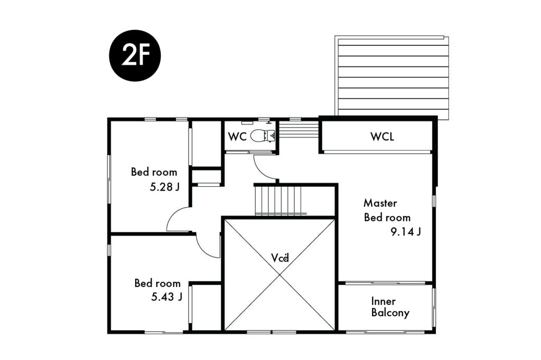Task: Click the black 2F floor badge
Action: point(135,55)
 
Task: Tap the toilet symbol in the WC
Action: point(263,136)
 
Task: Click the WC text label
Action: point(237,137)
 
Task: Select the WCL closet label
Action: point(382,137)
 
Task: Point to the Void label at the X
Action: point(279,258)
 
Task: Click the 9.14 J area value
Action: point(405,232)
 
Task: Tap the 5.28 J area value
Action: point(165,187)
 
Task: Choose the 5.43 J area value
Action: point(166,297)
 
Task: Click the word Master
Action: point(380,203)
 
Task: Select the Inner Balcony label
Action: point(390,307)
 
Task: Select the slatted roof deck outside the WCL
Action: point(393,77)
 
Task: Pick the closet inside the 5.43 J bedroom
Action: point(206,307)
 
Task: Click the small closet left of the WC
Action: point(207,144)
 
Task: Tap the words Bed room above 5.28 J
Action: point(154,172)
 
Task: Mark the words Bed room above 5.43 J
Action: point(157,283)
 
